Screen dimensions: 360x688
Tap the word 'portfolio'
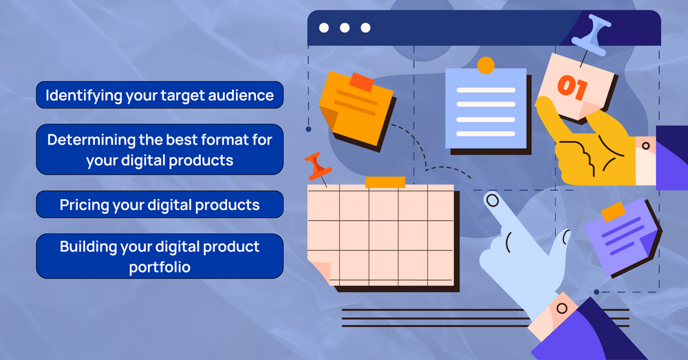coord(160,266)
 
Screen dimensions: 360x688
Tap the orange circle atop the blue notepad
coord(486,65)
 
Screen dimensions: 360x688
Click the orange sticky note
coord(354,107)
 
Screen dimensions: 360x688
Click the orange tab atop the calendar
coord(385,182)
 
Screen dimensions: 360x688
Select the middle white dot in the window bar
coord(345,28)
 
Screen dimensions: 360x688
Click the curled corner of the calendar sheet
coord(320,272)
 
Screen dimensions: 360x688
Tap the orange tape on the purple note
coord(612,212)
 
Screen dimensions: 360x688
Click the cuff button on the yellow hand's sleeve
coord(645,145)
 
